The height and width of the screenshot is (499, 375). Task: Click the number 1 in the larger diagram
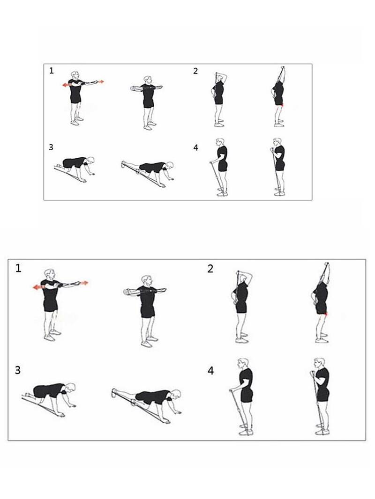pos(18,269)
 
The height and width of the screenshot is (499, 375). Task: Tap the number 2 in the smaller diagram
pos(195,71)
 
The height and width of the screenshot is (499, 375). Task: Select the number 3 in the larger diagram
pos(18,370)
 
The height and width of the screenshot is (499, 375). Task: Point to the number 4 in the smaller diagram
pos(195,147)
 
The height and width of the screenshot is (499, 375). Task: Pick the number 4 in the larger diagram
pos(210,371)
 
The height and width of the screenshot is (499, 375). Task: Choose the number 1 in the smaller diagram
pos(51,71)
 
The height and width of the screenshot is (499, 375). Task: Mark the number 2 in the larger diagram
pos(210,269)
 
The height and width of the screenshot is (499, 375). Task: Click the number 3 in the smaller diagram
pos(51,147)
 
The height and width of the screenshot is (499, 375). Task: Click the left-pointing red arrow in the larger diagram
pos(39,287)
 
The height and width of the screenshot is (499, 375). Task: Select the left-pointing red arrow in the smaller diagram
pos(67,85)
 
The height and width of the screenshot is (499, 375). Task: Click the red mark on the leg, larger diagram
pos(326,315)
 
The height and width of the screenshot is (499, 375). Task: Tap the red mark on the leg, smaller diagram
pos(282,104)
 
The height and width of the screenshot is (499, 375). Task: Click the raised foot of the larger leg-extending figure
pos(114,393)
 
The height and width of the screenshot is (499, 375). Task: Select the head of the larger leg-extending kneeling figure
pos(176,394)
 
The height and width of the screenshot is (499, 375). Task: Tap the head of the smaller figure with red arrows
pos(75,75)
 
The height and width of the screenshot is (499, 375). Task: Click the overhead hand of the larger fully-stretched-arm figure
pos(326,264)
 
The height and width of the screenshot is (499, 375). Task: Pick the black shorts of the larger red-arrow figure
pos(50,305)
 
